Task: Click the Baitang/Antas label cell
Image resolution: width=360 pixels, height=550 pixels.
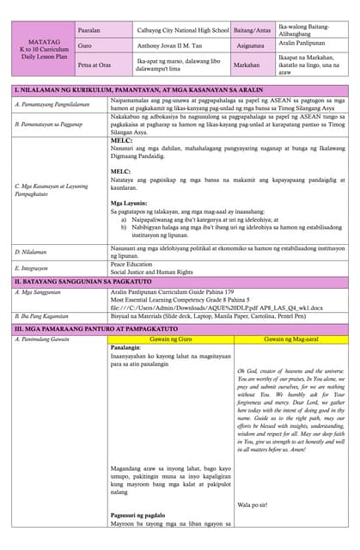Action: point(252,29)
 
